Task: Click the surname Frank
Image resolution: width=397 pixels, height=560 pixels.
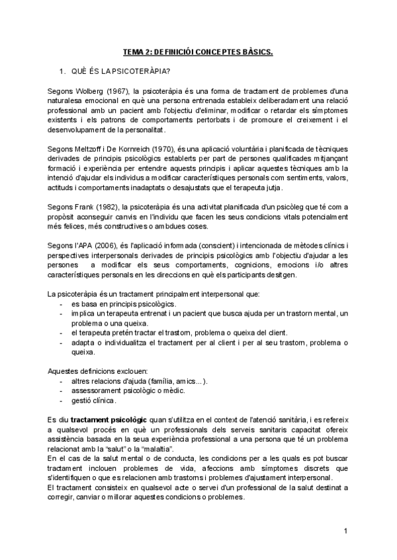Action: [85, 206]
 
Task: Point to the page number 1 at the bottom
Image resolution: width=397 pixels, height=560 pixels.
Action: [345, 531]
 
